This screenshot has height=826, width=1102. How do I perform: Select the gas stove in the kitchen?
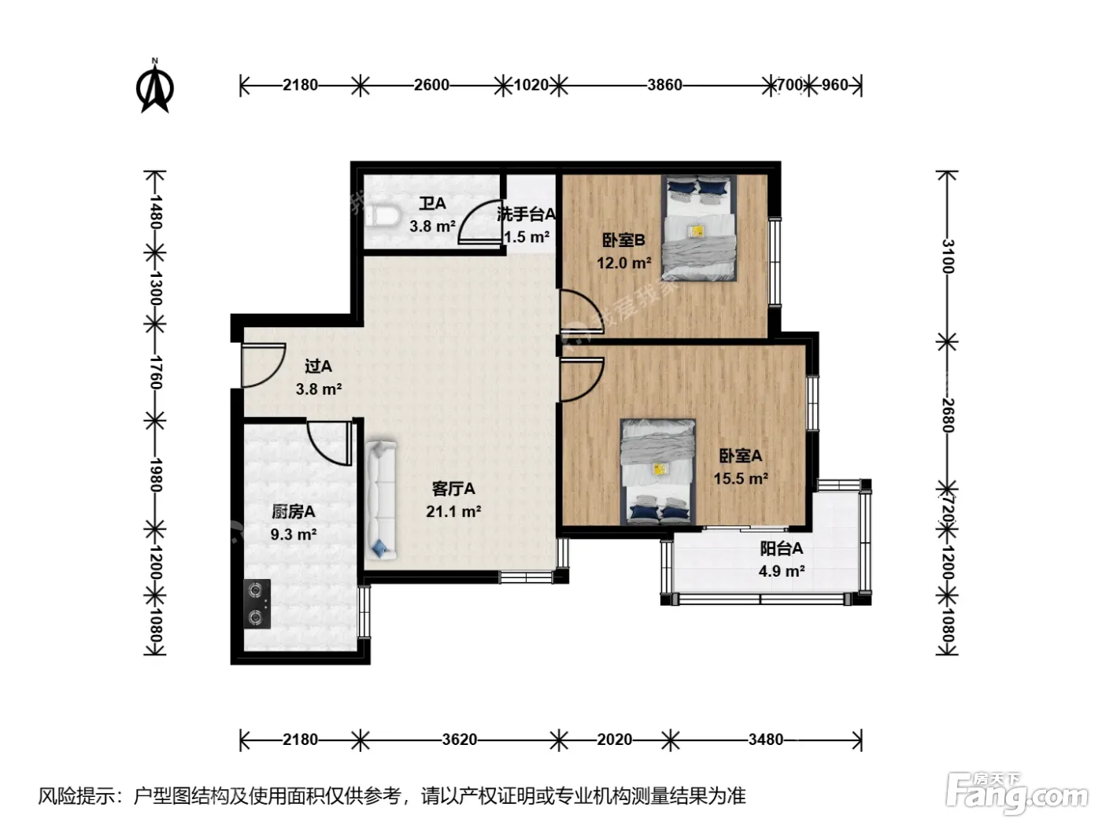click(257, 604)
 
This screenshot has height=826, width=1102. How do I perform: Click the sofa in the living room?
click(381, 500)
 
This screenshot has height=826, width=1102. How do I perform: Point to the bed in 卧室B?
click(699, 227)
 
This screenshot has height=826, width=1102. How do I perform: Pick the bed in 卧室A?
click(658, 471)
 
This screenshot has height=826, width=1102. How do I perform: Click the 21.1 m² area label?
click(453, 511)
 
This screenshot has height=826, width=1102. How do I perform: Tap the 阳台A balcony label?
click(781, 548)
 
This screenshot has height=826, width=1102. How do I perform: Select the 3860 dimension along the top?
click(664, 85)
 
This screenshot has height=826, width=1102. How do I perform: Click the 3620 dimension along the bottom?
click(460, 739)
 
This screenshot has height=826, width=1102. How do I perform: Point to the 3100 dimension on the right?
click(947, 256)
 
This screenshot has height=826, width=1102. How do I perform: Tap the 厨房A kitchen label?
click(293, 511)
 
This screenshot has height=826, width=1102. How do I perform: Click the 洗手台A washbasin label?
click(526, 215)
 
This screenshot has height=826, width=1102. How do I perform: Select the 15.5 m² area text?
click(741, 478)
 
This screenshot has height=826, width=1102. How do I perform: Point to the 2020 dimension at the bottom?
click(615, 739)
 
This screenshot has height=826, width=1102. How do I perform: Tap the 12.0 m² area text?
click(624, 263)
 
